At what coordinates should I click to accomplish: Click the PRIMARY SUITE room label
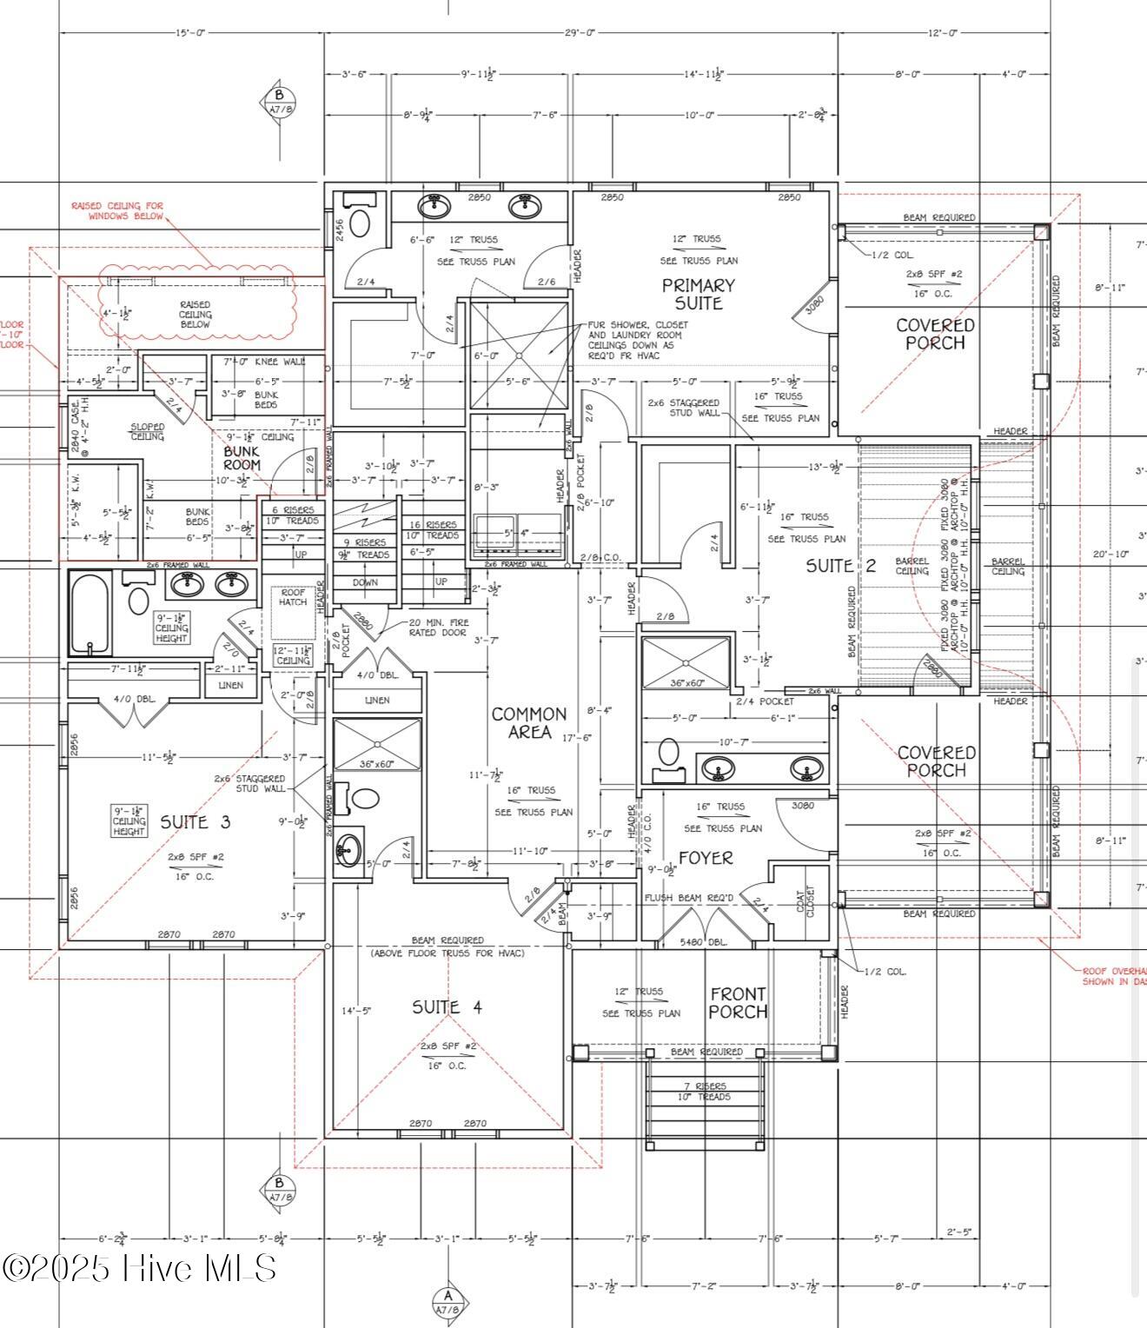point(698,295)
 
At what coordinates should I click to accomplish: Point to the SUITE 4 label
point(447,1007)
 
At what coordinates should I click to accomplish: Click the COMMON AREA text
point(528,723)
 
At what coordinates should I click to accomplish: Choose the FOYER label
point(706,858)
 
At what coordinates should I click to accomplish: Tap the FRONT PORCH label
point(738,1003)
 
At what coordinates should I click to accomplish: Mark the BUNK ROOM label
point(242,458)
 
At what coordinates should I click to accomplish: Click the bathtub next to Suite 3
point(90,613)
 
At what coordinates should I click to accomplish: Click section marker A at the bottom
point(448,1301)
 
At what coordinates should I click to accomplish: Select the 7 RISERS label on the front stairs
point(704,1086)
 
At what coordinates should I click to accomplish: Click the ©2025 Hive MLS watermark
point(139,1268)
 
